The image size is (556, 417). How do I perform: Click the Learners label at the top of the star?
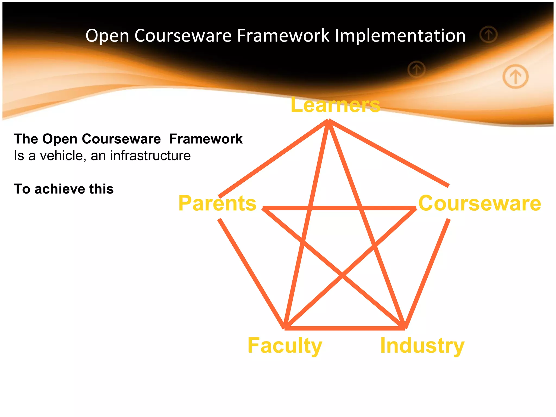[335, 105]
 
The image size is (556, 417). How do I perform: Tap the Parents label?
[217, 203]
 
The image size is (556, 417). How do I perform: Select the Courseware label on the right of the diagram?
[479, 203]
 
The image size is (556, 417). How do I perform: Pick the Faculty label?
[285, 346]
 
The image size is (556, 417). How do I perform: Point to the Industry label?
[422, 346]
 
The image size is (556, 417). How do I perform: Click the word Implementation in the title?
[400, 36]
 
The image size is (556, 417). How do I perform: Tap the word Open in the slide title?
[107, 36]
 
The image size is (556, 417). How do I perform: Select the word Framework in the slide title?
[283, 36]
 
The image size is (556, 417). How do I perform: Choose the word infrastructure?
[150, 156]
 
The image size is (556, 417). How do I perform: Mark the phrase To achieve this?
[64, 189]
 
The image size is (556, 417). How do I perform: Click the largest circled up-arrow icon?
[515, 76]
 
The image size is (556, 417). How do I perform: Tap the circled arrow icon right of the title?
[488, 34]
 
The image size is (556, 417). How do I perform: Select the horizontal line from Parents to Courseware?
[339, 208]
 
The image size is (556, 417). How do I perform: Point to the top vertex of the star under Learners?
[328, 121]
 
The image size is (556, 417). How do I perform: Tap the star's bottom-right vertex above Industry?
[404, 327]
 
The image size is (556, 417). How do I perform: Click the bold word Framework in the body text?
[206, 139]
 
